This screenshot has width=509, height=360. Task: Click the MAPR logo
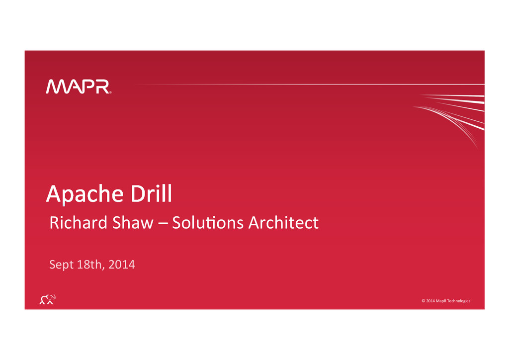tap(79, 87)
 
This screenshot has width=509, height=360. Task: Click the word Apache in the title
tap(85, 194)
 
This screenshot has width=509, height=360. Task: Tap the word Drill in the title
tap(151, 194)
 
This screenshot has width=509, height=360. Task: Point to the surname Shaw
tap(133, 223)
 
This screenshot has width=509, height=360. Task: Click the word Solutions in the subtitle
tap(208, 223)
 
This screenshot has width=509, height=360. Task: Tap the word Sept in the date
tap(62, 265)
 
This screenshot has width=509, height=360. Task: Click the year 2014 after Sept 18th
tap(122, 265)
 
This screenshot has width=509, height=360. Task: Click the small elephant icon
tap(47, 299)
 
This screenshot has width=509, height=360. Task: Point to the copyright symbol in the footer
tap(424, 301)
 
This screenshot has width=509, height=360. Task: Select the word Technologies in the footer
tap(459, 301)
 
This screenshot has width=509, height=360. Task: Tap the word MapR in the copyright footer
tap(441, 301)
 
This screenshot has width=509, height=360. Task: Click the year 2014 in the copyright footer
tap(430, 301)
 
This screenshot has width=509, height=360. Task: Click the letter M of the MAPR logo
tap(57, 87)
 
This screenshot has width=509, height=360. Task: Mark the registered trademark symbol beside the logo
tap(110, 92)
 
